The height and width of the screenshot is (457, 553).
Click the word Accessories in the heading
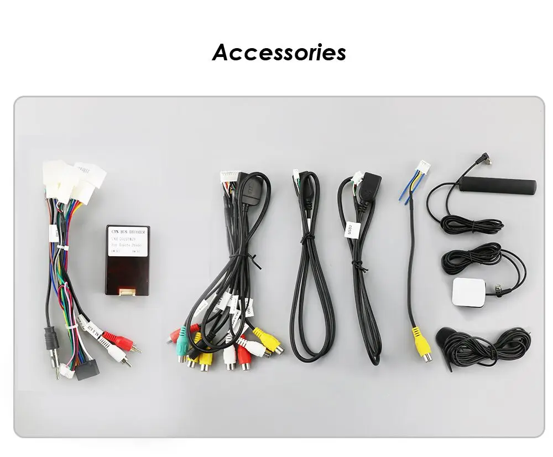pyautogui.click(x=279, y=53)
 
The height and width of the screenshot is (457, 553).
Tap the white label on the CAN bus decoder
pyautogui.click(x=127, y=240)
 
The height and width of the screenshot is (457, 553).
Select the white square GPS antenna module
pyautogui.click(x=468, y=292)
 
